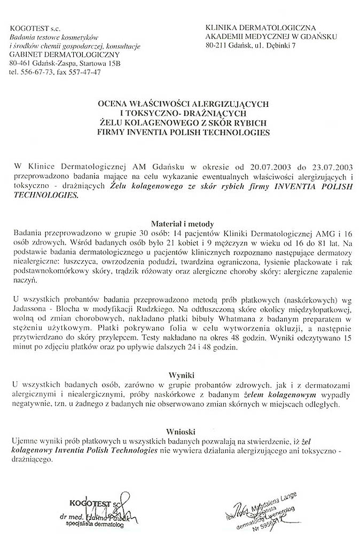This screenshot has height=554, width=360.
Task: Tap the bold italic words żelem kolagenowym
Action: click(279, 394)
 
